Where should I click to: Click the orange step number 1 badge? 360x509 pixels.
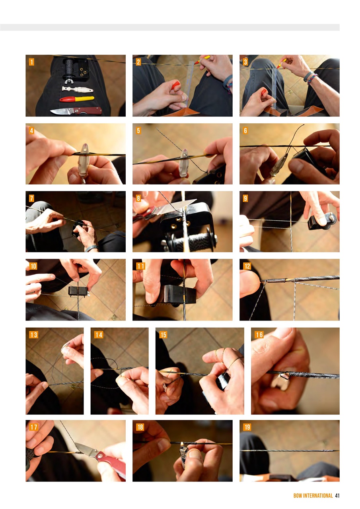click(31, 62)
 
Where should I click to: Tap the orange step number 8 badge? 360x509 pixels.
click(138, 198)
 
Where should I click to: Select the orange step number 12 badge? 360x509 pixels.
click(247, 266)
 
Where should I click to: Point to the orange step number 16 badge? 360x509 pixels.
click(259, 334)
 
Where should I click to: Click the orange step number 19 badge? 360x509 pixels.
click(247, 427)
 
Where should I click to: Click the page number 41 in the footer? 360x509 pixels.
click(337, 495)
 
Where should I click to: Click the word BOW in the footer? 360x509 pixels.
click(298, 495)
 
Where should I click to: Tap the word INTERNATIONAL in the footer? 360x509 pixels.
click(318, 495)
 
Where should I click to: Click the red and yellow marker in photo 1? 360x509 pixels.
click(77, 99)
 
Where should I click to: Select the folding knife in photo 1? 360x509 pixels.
click(76, 111)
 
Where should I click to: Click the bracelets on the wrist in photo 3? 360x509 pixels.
click(311, 78)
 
